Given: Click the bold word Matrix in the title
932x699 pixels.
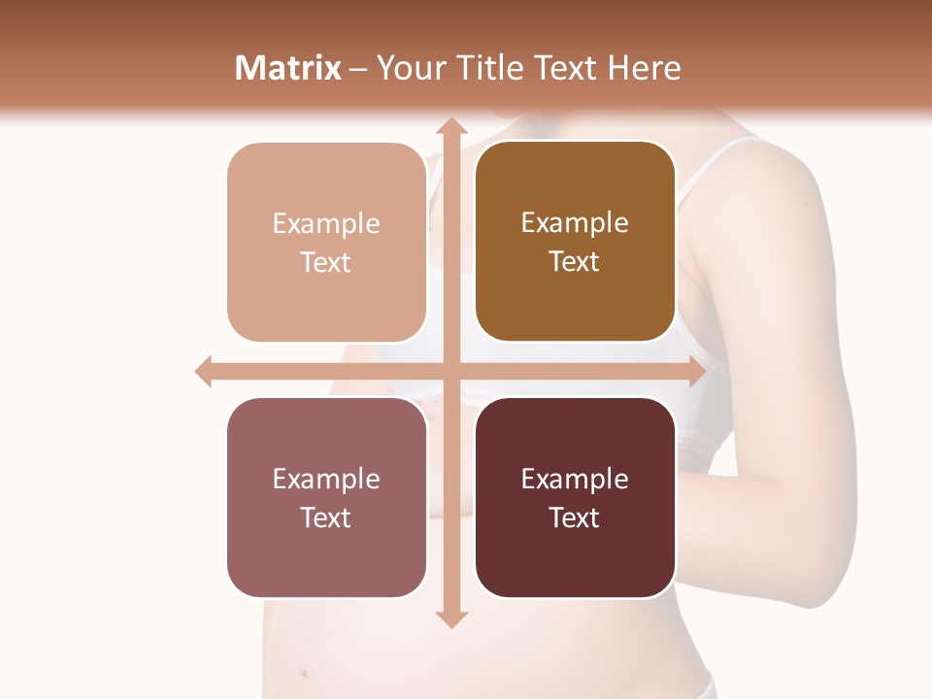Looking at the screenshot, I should (x=288, y=68).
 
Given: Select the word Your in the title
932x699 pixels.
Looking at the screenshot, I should (x=410, y=68).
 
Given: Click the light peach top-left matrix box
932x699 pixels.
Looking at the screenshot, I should (x=326, y=243).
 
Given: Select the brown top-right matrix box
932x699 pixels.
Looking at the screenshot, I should (x=575, y=242).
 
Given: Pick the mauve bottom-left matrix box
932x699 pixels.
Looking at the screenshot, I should (x=326, y=498).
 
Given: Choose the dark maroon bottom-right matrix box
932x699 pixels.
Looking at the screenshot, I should (x=575, y=498).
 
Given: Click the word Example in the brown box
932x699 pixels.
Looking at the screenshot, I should (x=575, y=222).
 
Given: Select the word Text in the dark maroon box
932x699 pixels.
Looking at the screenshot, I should (x=575, y=517).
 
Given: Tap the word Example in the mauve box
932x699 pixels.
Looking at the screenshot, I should (x=326, y=479).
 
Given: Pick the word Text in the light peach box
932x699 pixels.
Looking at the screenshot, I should (x=326, y=262).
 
